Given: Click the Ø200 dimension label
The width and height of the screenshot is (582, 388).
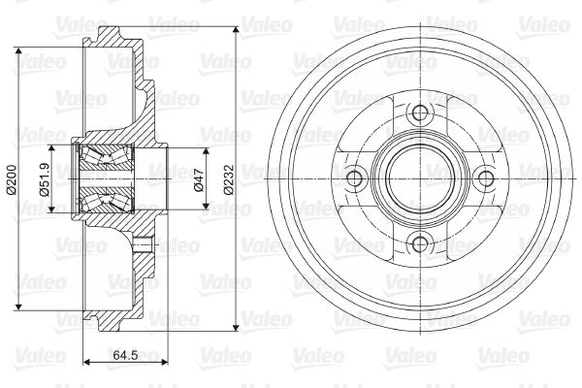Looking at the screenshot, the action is click(11, 179).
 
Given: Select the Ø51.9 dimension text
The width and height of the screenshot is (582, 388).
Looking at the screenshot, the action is click(44, 179).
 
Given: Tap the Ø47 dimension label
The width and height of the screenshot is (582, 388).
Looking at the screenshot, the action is click(199, 179).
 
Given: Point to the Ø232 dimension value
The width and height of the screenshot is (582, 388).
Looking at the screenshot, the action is click(229, 179).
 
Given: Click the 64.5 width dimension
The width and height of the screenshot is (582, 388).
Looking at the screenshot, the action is click(125, 355).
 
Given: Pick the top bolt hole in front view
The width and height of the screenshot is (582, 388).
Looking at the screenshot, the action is click(420, 113).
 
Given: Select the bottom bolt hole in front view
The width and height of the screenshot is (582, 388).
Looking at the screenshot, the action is click(420, 244).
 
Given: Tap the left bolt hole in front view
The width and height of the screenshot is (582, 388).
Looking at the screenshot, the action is click(354, 178).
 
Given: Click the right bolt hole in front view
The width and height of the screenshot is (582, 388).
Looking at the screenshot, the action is click(486, 178).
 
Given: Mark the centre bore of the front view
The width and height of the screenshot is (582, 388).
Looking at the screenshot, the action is click(420, 178).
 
